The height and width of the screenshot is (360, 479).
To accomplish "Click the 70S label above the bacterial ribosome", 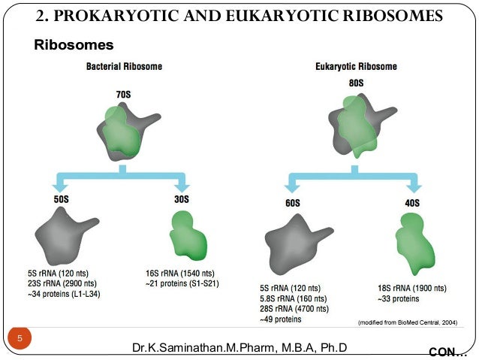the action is pyautogui.click(x=123, y=95).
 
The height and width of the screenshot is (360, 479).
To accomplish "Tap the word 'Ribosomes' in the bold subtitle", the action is pyautogui.click(x=74, y=46).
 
